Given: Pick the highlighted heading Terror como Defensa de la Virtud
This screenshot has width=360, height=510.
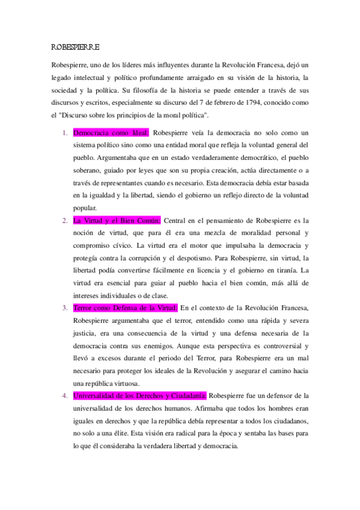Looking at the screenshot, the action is pyautogui.click(x=125, y=308).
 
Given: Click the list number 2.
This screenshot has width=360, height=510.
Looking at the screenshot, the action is pyautogui.click(x=66, y=220).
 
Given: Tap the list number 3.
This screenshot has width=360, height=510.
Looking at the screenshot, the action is pyautogui.click(x=66, y=308).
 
